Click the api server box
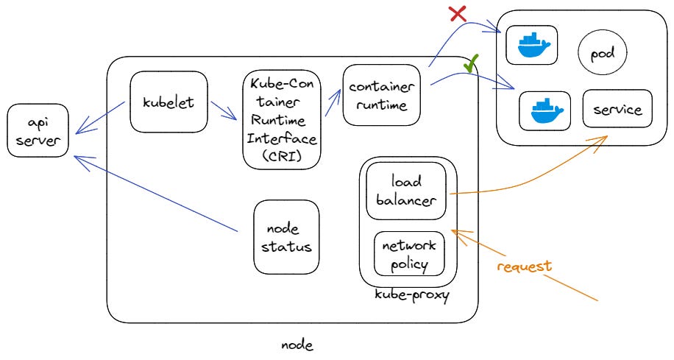coord(38,131)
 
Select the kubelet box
coord(168,102)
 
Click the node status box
coord(286,237)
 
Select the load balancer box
coord(406,190)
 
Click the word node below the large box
coord(297,345)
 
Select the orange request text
coord(524,266)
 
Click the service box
coord(617,110)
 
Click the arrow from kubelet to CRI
coord(223,110)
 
